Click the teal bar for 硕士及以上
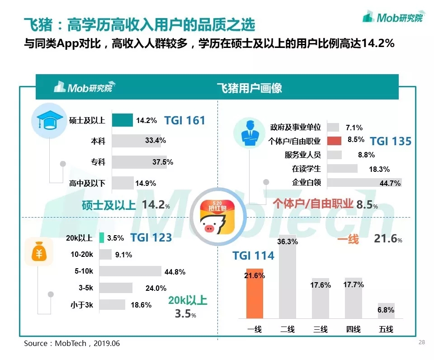tap(122, 120)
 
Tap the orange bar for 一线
tap(255, 293)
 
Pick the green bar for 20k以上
tap(102, 237)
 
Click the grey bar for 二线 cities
tap(288, 283)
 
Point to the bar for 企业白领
tap(364, 183)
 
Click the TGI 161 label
tap(184, 121)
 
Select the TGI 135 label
tap(391, 141)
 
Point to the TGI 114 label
tap(253, 256)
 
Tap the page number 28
tap(422, 342)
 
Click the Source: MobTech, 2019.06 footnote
tap(72, 344)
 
